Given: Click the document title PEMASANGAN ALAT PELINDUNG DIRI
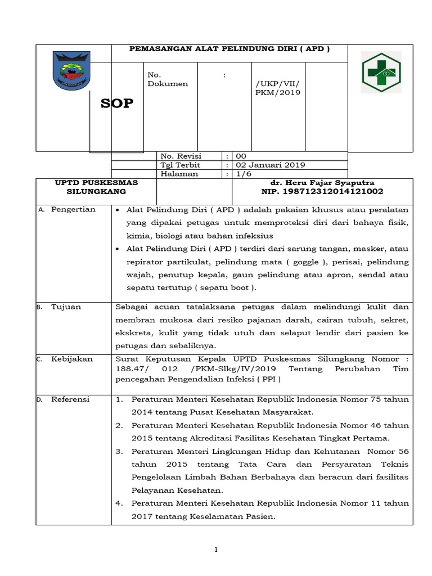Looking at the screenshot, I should pyautogui.click(x=229, y=49).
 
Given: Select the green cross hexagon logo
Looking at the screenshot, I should pyautogui.click(x=380, y=73).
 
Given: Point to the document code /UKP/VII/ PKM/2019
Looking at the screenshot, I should pyautogui.click(x=278, y=88).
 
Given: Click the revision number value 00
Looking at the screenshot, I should pyautogui.click(x=241, y=156).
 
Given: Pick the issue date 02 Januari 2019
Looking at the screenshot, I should pyautogui.click(x=270, y=165).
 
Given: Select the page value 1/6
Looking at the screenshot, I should pyautogui.click(x=245, y=174).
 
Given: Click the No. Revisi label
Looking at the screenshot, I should pyautogui.click(x=181, y=156).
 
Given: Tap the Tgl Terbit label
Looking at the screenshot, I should pyautogui.click(x=180, y=165).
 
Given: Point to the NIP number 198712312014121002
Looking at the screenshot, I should pyautogui.click(x=318, y=192).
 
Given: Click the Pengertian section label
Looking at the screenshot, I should pyautogui.click(x=73, y=209).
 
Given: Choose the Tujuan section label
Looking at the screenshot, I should pyautogui.click(x=66, y=307).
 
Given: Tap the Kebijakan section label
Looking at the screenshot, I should pyautogui.click(x=71, y=358).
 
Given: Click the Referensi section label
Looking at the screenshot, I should pyautogui.click(x=70, y=399).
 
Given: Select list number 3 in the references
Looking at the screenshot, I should pyautogui.click(x=119, y=451).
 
